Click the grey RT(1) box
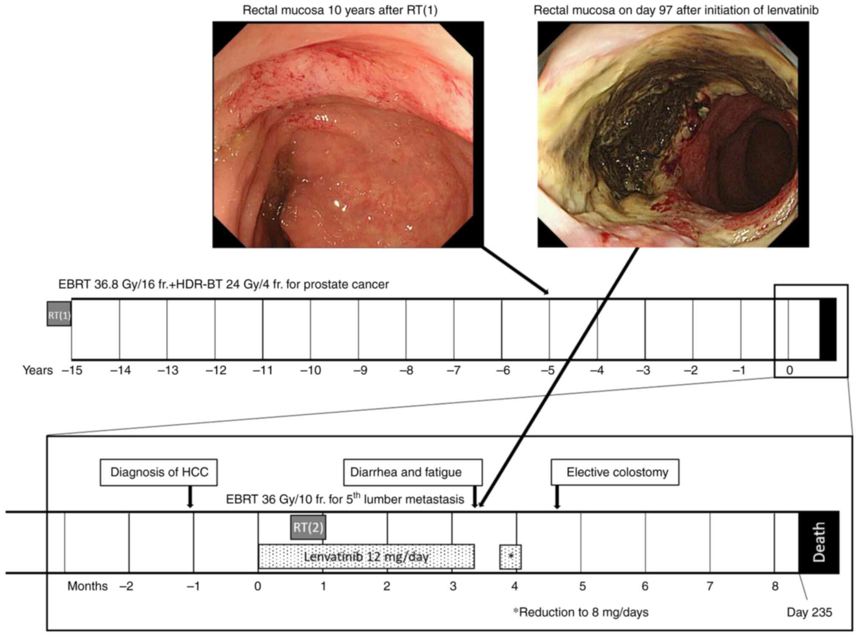point(59,313)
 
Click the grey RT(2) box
point(308,527)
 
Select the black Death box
point(818,542)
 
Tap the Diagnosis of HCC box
point(159,472)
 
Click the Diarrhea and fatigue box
point(412,472)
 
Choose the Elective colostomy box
point(615,472)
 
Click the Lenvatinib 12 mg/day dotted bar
point(366,556)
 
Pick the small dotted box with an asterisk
point(510,557)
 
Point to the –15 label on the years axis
point(72,370)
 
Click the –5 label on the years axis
point(548,370)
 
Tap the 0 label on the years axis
point(789,370)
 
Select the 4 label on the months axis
point(514,586)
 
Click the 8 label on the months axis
point(774,586)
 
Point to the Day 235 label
point(809,612)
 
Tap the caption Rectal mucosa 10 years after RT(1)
point(340,10)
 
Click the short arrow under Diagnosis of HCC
point(190,497)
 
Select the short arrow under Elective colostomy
point(557,497)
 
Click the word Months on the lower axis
point(88,586)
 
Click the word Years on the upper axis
point(38,370)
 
